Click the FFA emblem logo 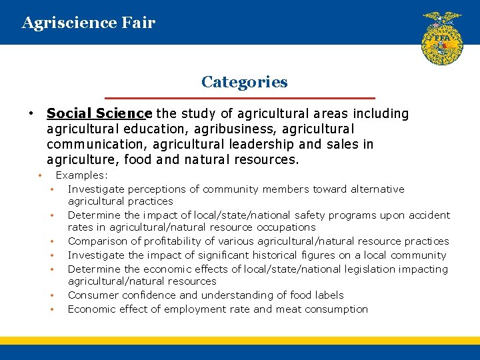(441, 38)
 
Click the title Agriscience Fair (88, 23)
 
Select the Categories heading (244, 82)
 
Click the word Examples (81, 175)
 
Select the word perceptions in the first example (156, 189)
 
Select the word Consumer (91, 295)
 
